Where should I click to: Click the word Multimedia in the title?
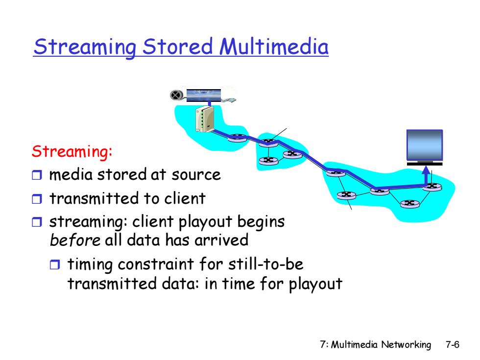pos(274,47)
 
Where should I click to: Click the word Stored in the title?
pos(177,47)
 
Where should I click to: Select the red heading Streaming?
pos(72,151)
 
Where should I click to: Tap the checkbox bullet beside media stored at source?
pos(37,175)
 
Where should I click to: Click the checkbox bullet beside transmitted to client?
pos(37,199)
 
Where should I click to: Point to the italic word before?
pos(75,240)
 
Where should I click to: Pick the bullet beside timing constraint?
pos(55,264)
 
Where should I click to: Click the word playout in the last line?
pos(315,284)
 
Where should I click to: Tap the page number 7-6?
pos(453,345)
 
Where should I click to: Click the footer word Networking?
pos(406,345)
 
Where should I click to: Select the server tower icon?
pos(205,119)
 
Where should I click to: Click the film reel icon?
pos(176,95)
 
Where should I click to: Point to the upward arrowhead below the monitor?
pos(426,170)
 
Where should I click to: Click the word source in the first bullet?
pos(196,175)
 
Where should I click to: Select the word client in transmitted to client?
pos(185,198)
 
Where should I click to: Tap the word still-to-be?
pos(266,264)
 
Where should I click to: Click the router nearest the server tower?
pos(237,138)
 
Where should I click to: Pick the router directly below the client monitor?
pos(432,187)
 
